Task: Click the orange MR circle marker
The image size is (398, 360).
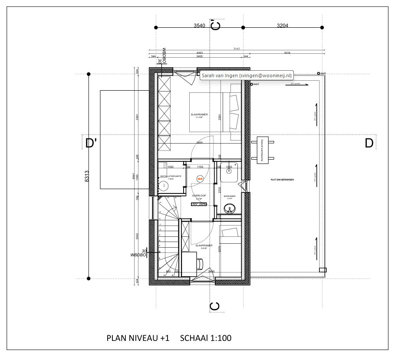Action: (200, 178)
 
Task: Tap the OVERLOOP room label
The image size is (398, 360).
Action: (199, 196)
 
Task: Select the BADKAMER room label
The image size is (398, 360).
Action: (230, 196)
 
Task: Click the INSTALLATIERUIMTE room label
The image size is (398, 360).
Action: (170, 177)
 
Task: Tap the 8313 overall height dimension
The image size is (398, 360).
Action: (86, 177)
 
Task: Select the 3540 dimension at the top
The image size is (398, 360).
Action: (199, 26)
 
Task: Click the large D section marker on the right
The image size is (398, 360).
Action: (369, 143)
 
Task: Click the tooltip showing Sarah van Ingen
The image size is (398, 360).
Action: (246, 75)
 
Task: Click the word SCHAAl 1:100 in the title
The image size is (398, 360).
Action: (205, 338)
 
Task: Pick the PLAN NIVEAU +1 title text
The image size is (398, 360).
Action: (138, 338)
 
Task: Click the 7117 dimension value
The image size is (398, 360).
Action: (237, 49)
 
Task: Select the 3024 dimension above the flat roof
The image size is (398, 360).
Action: (287, 53)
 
